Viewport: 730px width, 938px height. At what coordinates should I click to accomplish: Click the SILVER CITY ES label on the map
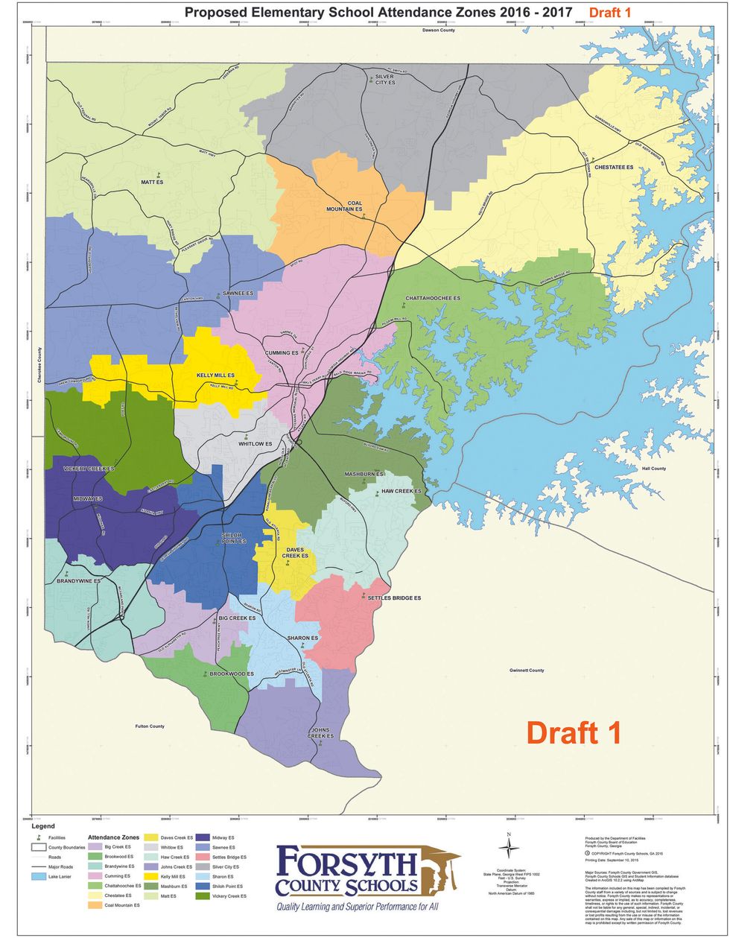[384, 79]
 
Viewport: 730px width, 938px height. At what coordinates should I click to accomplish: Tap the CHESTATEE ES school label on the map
[614, 168]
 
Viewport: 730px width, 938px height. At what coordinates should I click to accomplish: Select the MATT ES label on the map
[152, 183]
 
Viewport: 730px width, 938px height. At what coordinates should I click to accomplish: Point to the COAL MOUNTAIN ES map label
[344, 206]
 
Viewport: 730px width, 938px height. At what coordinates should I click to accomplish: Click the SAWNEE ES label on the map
[238, 294]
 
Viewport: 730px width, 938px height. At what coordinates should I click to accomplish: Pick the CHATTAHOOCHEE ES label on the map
[433, 298]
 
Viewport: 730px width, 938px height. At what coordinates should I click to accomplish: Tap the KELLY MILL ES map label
[215, 375]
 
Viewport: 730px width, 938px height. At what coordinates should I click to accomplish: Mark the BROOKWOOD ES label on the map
[231, 674]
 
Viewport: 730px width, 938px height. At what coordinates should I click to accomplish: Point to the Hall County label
[654, 469]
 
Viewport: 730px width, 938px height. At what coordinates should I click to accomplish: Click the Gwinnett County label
[527, 671]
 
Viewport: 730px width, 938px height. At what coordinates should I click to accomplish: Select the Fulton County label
[150, 726]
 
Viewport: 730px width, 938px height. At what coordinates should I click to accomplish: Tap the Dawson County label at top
[439, 31]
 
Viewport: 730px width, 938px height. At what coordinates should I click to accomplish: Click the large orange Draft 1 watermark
[574, 732]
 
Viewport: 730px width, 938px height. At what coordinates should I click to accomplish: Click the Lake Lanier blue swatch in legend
[39, 877]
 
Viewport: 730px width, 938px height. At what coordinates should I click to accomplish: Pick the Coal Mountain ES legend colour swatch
[95, 905]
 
